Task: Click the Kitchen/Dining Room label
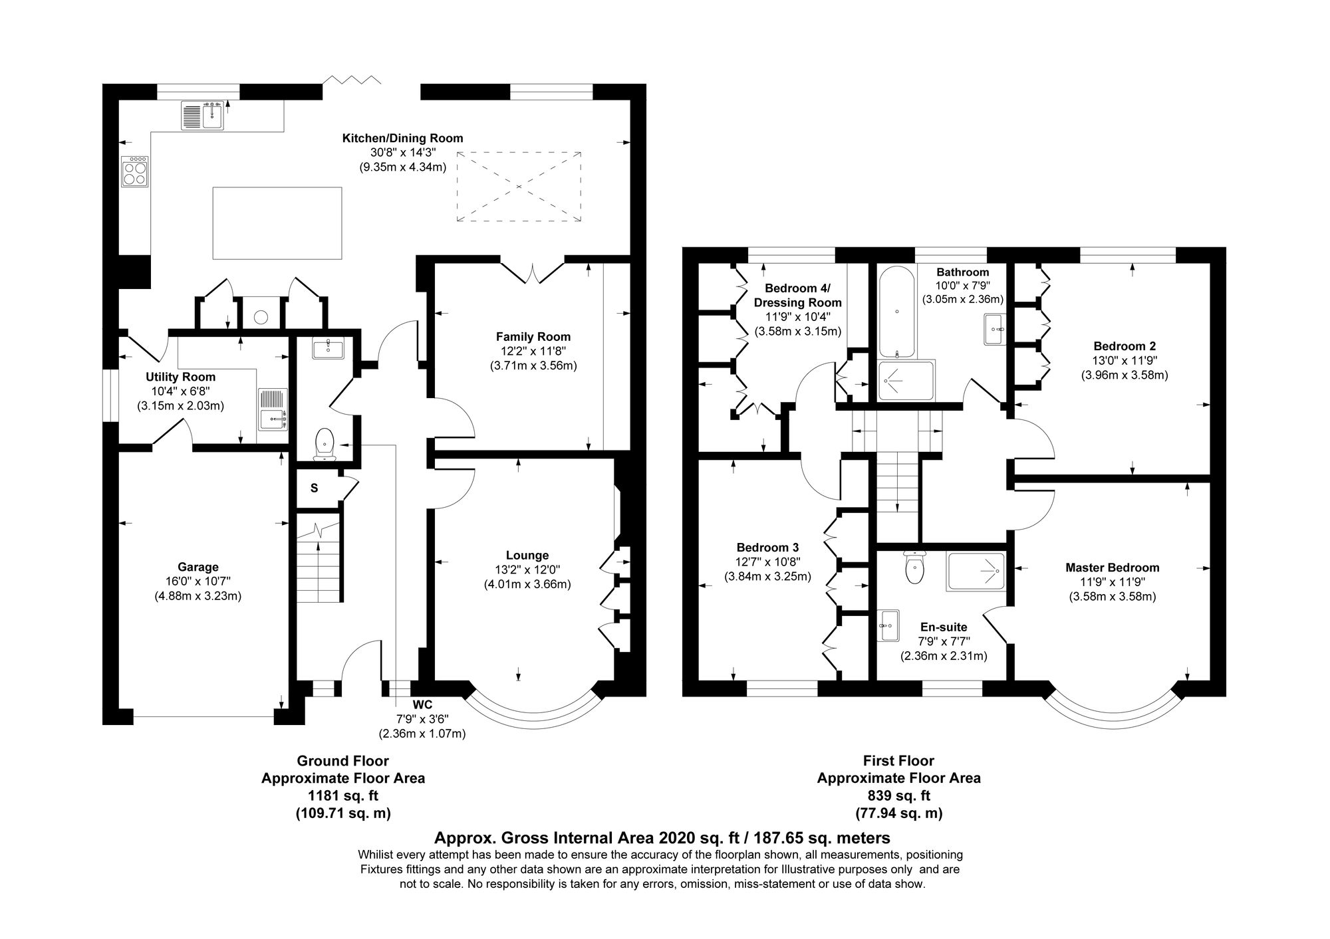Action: tap(402, 138)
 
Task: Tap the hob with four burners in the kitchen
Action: tap(135, 172)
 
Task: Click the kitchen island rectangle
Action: tap(277, 223)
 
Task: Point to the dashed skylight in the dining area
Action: tap(518, 187)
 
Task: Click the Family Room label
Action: tap(533, 337)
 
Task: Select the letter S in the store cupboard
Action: tap(314, 488)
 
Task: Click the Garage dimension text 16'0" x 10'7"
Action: tap(198, 581)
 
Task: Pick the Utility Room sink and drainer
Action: tap(273, 408)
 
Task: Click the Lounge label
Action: tap(527, 556)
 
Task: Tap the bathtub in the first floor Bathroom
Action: tap(897, 312)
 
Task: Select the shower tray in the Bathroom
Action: tap(906, 381)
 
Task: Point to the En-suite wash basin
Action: tap(888, 625)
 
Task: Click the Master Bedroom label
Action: tap(1112, 568)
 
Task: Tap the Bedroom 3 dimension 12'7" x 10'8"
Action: tap(767, 562)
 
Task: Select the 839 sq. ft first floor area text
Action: tap(898, 795)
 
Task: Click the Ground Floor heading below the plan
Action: tap(342, 761)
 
